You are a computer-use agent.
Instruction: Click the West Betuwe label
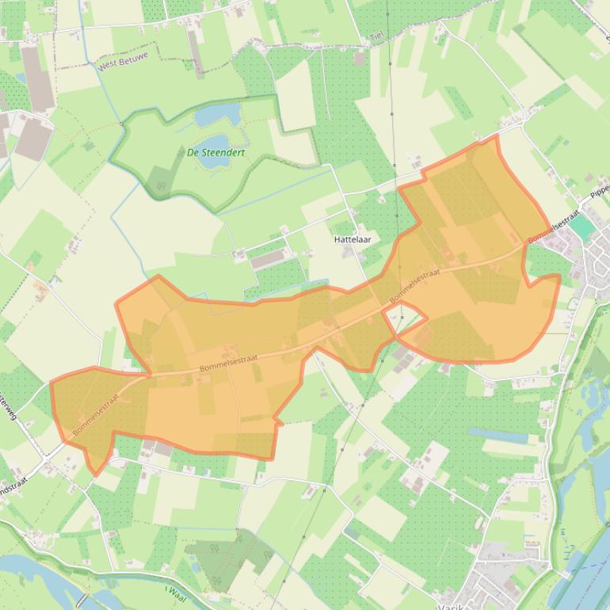click(124, 62)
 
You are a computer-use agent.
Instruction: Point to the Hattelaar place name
click(353, 238)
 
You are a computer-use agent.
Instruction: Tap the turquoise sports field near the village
click(582, 228)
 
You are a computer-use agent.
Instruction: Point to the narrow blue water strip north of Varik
click(497, 435)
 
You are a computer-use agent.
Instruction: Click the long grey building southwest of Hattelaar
click(269, 258)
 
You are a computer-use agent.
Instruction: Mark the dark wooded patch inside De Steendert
click(160, 183)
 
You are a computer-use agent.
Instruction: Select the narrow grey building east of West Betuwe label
click(195, 49)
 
